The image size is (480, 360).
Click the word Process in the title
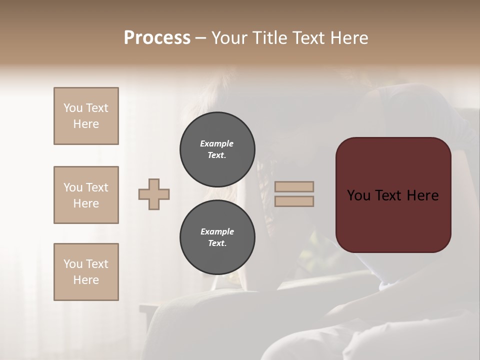tap(157, 38)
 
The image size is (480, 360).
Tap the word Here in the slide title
tap(348, 38)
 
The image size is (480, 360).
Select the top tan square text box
tap(86, 116)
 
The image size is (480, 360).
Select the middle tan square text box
tap(86, 195)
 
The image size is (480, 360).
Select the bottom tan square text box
tap(86, 272)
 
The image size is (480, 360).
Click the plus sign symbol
tap(154, 194)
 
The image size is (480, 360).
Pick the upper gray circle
tap(217, 149)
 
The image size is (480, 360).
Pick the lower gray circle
tap(217, 237)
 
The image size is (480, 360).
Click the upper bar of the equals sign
tap(294, 187)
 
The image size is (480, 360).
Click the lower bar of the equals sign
tap(294, 201)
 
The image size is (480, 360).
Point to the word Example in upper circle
tap(217, 143)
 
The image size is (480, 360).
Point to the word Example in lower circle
tap(217, 231)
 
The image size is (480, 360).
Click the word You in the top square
tap(72, 108)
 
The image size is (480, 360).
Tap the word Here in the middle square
tap(86, 203)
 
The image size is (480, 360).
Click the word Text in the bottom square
tap(97, 264)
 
